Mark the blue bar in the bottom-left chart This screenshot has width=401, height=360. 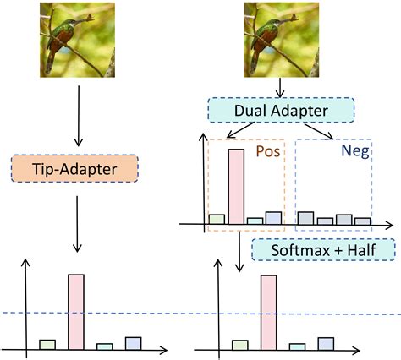click(x=133, y=343)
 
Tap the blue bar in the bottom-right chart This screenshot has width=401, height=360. click(x=326, y=343)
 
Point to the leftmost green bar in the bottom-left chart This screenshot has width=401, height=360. click(x=47, y=344)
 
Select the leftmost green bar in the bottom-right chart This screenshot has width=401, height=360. click(x=240, y=344)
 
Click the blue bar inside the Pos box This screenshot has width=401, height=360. click(x=272, y=217)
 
